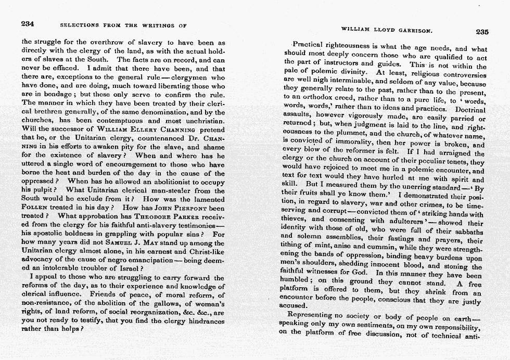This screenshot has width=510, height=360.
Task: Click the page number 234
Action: coord(28,24)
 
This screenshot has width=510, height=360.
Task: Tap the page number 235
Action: coord(482,31)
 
